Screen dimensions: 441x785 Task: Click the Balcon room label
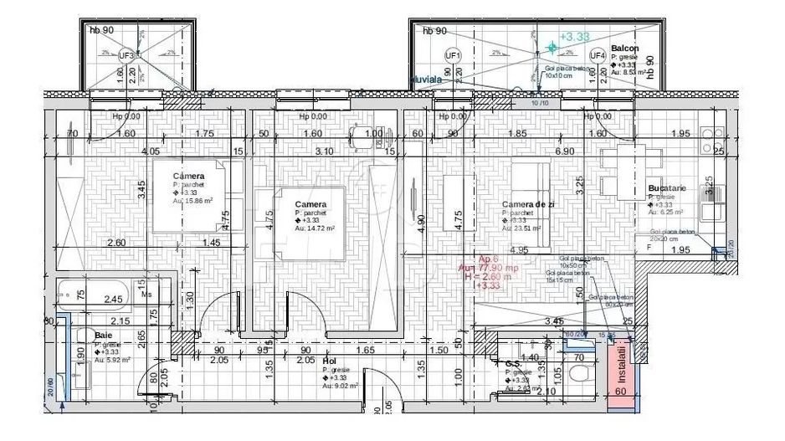click(x=625, y=49)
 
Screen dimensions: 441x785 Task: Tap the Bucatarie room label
click(x=666, y=189)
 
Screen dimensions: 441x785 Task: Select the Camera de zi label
click(x=528, y=204)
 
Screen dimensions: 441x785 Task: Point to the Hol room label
click(x=330, y=362)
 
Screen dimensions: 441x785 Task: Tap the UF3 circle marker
click(x=127, y=55)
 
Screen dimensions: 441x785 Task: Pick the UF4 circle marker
click(x=597, y=55)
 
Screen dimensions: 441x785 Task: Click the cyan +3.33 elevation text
click(x=575, y=37)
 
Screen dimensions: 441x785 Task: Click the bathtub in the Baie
click(x=92, y=295)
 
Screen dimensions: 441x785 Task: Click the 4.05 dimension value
click(x=151, y=151)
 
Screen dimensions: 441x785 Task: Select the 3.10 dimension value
click(x=323, y=151)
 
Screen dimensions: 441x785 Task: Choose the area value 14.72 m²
click(x=317, y=228)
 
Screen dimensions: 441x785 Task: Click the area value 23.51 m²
click(x=525, y=228)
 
